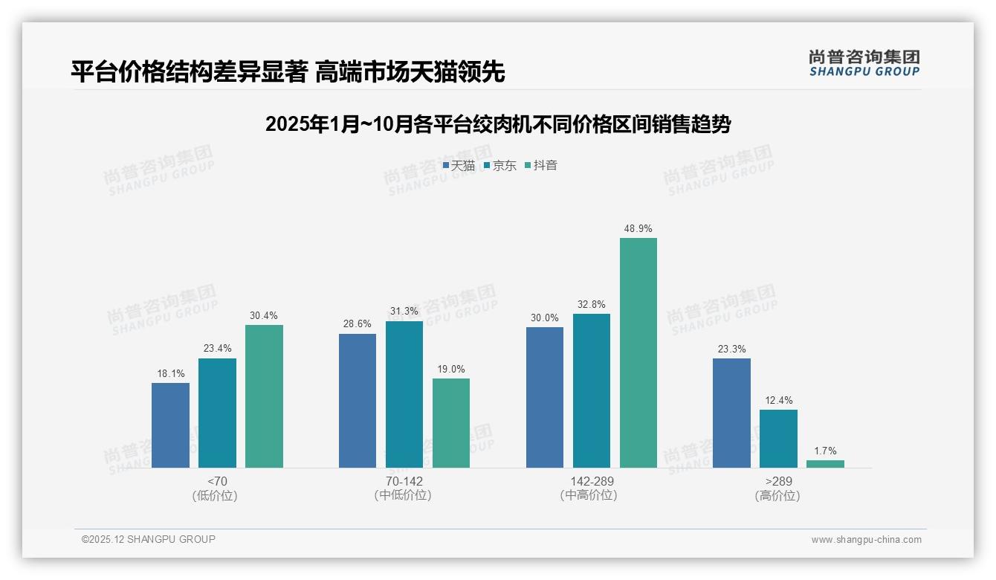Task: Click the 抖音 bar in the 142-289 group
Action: coord(638,353)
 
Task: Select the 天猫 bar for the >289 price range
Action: coord(731,413)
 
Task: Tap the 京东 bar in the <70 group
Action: coord(217,413)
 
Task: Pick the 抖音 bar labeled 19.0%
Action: coord(451,422)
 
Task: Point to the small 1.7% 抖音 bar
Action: coord(825,464)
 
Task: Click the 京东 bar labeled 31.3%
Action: coord(404,394)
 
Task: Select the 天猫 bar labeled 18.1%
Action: coord(170,425)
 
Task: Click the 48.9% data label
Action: coord(638,228)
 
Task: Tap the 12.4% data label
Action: coord(778,400)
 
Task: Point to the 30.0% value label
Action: coord(544,318)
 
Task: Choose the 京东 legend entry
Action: coord(499,165)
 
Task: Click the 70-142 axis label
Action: coord(404,481)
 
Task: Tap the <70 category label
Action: coord(217,481)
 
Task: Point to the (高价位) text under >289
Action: coord(777,495)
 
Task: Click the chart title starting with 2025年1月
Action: coord(497,124)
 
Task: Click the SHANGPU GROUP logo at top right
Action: coord(864,63)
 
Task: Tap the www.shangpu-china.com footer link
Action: coord(866,540)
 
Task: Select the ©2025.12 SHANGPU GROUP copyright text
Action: coord(149,539)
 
